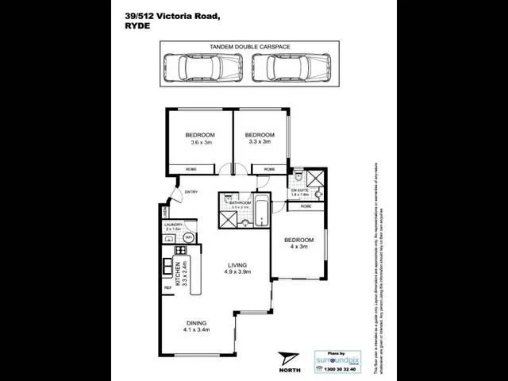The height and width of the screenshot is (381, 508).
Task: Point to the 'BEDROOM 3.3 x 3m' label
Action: [260, 138]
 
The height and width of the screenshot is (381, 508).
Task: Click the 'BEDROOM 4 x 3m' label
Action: [298, 244]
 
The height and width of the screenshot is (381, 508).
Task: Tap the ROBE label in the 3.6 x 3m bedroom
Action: [191, 169]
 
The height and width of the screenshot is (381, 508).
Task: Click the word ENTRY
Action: [191, 192]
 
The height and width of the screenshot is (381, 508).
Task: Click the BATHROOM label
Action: [241, 203]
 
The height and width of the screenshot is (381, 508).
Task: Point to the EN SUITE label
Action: [299, 191]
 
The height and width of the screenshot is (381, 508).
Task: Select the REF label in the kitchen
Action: [167, 287]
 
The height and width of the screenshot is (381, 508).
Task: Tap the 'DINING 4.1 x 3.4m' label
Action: [196, 327]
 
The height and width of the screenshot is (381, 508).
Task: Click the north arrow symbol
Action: [286, 356]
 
